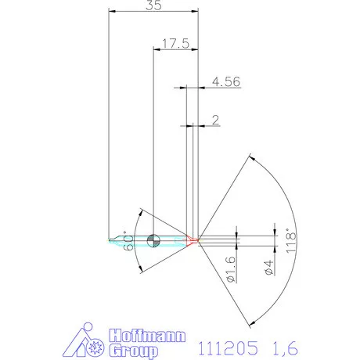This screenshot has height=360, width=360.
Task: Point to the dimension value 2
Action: tap(214, 119)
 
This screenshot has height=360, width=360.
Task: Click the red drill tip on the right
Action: tap(193, 239)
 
